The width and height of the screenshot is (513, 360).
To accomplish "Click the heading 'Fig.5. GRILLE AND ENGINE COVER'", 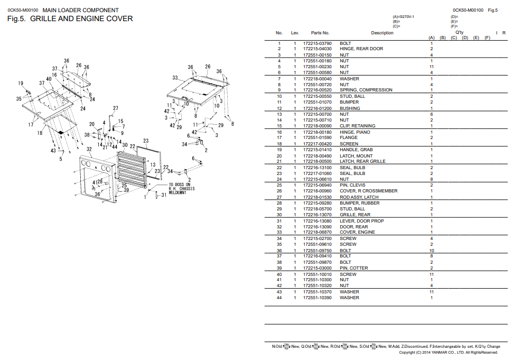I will [70, 19].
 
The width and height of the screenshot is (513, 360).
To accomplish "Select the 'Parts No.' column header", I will [320, 33].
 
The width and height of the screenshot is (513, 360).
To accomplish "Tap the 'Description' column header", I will [382, 33].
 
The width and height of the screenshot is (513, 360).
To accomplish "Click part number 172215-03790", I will [318, 43].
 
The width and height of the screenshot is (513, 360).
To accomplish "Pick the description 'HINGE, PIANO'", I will [355, 132].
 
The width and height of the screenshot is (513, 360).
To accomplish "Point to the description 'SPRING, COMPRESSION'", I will [366, 90].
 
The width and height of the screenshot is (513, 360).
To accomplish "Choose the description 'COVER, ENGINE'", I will [357, 232].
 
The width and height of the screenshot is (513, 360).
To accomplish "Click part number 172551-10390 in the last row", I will [318, 298].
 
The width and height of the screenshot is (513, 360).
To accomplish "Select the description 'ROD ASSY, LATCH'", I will [359, 197].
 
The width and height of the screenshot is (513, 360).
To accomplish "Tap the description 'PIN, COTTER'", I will [354, 268].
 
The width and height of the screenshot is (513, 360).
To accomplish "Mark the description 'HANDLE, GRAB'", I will [356, 150].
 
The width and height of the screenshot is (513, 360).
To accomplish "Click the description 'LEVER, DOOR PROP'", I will [362, 221].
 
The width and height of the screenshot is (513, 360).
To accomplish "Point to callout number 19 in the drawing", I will [21, 84].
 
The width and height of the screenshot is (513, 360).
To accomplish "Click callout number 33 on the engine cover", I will [175, 78].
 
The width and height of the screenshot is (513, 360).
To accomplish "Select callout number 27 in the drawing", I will [116, 109].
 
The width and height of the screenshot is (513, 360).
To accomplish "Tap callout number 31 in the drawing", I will [164, 195].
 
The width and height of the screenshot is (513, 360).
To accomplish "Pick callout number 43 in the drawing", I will [53, 151].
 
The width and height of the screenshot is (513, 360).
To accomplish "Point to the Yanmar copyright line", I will [449, 353].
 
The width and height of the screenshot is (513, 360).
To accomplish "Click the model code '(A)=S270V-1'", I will [403, 17].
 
